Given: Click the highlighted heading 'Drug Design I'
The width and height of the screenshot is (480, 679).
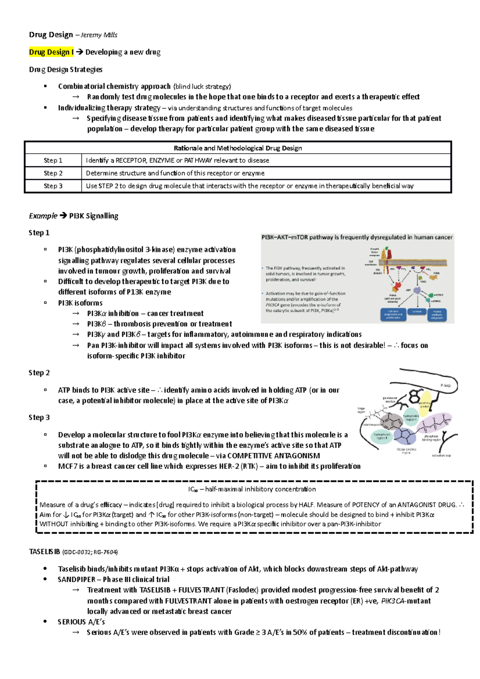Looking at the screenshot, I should [x=51, y=52].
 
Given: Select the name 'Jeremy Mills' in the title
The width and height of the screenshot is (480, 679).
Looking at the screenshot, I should [x=99, y=35].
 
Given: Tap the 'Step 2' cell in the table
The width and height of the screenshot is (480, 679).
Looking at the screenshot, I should [x=53, y=173].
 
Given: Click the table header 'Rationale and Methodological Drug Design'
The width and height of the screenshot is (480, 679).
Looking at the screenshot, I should [x=238, y=148].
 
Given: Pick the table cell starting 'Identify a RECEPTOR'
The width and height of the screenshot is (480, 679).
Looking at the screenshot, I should [x=177, y=160].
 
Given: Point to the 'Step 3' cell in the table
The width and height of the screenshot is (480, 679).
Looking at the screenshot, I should [x=53, y=186].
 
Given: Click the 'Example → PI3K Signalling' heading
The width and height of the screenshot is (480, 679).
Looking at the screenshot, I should [x=74, y=216].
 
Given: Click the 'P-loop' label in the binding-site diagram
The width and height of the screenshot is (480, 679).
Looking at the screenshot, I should [x=445, y=385].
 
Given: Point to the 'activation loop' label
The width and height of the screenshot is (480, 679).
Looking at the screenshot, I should [x=441, y=455].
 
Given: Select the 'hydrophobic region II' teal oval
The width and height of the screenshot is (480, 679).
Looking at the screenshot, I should [x=382, y=436].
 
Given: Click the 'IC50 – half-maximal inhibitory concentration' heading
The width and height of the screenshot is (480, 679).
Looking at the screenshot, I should [x=252, y=489].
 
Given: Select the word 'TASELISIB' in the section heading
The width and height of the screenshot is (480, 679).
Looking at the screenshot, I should [x=44, y=552].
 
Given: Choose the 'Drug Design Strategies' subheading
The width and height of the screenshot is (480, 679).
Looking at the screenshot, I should [x=66, y=70].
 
